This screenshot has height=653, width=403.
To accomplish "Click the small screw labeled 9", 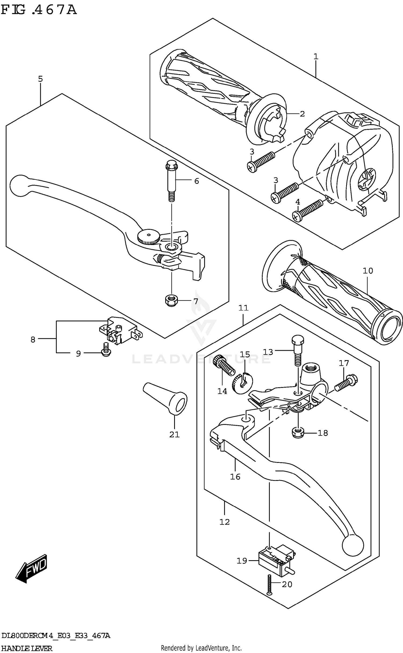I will click(106, 353).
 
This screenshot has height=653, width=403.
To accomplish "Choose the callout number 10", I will click(368, 271).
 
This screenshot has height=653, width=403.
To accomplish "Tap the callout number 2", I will click(302, 114).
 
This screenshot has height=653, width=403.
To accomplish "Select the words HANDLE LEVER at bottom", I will click(27, 648).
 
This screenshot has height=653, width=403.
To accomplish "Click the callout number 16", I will click(235, 477).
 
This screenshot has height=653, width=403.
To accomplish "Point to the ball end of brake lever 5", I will click(19, 185).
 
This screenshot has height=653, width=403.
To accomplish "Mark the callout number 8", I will click(33, 339).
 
